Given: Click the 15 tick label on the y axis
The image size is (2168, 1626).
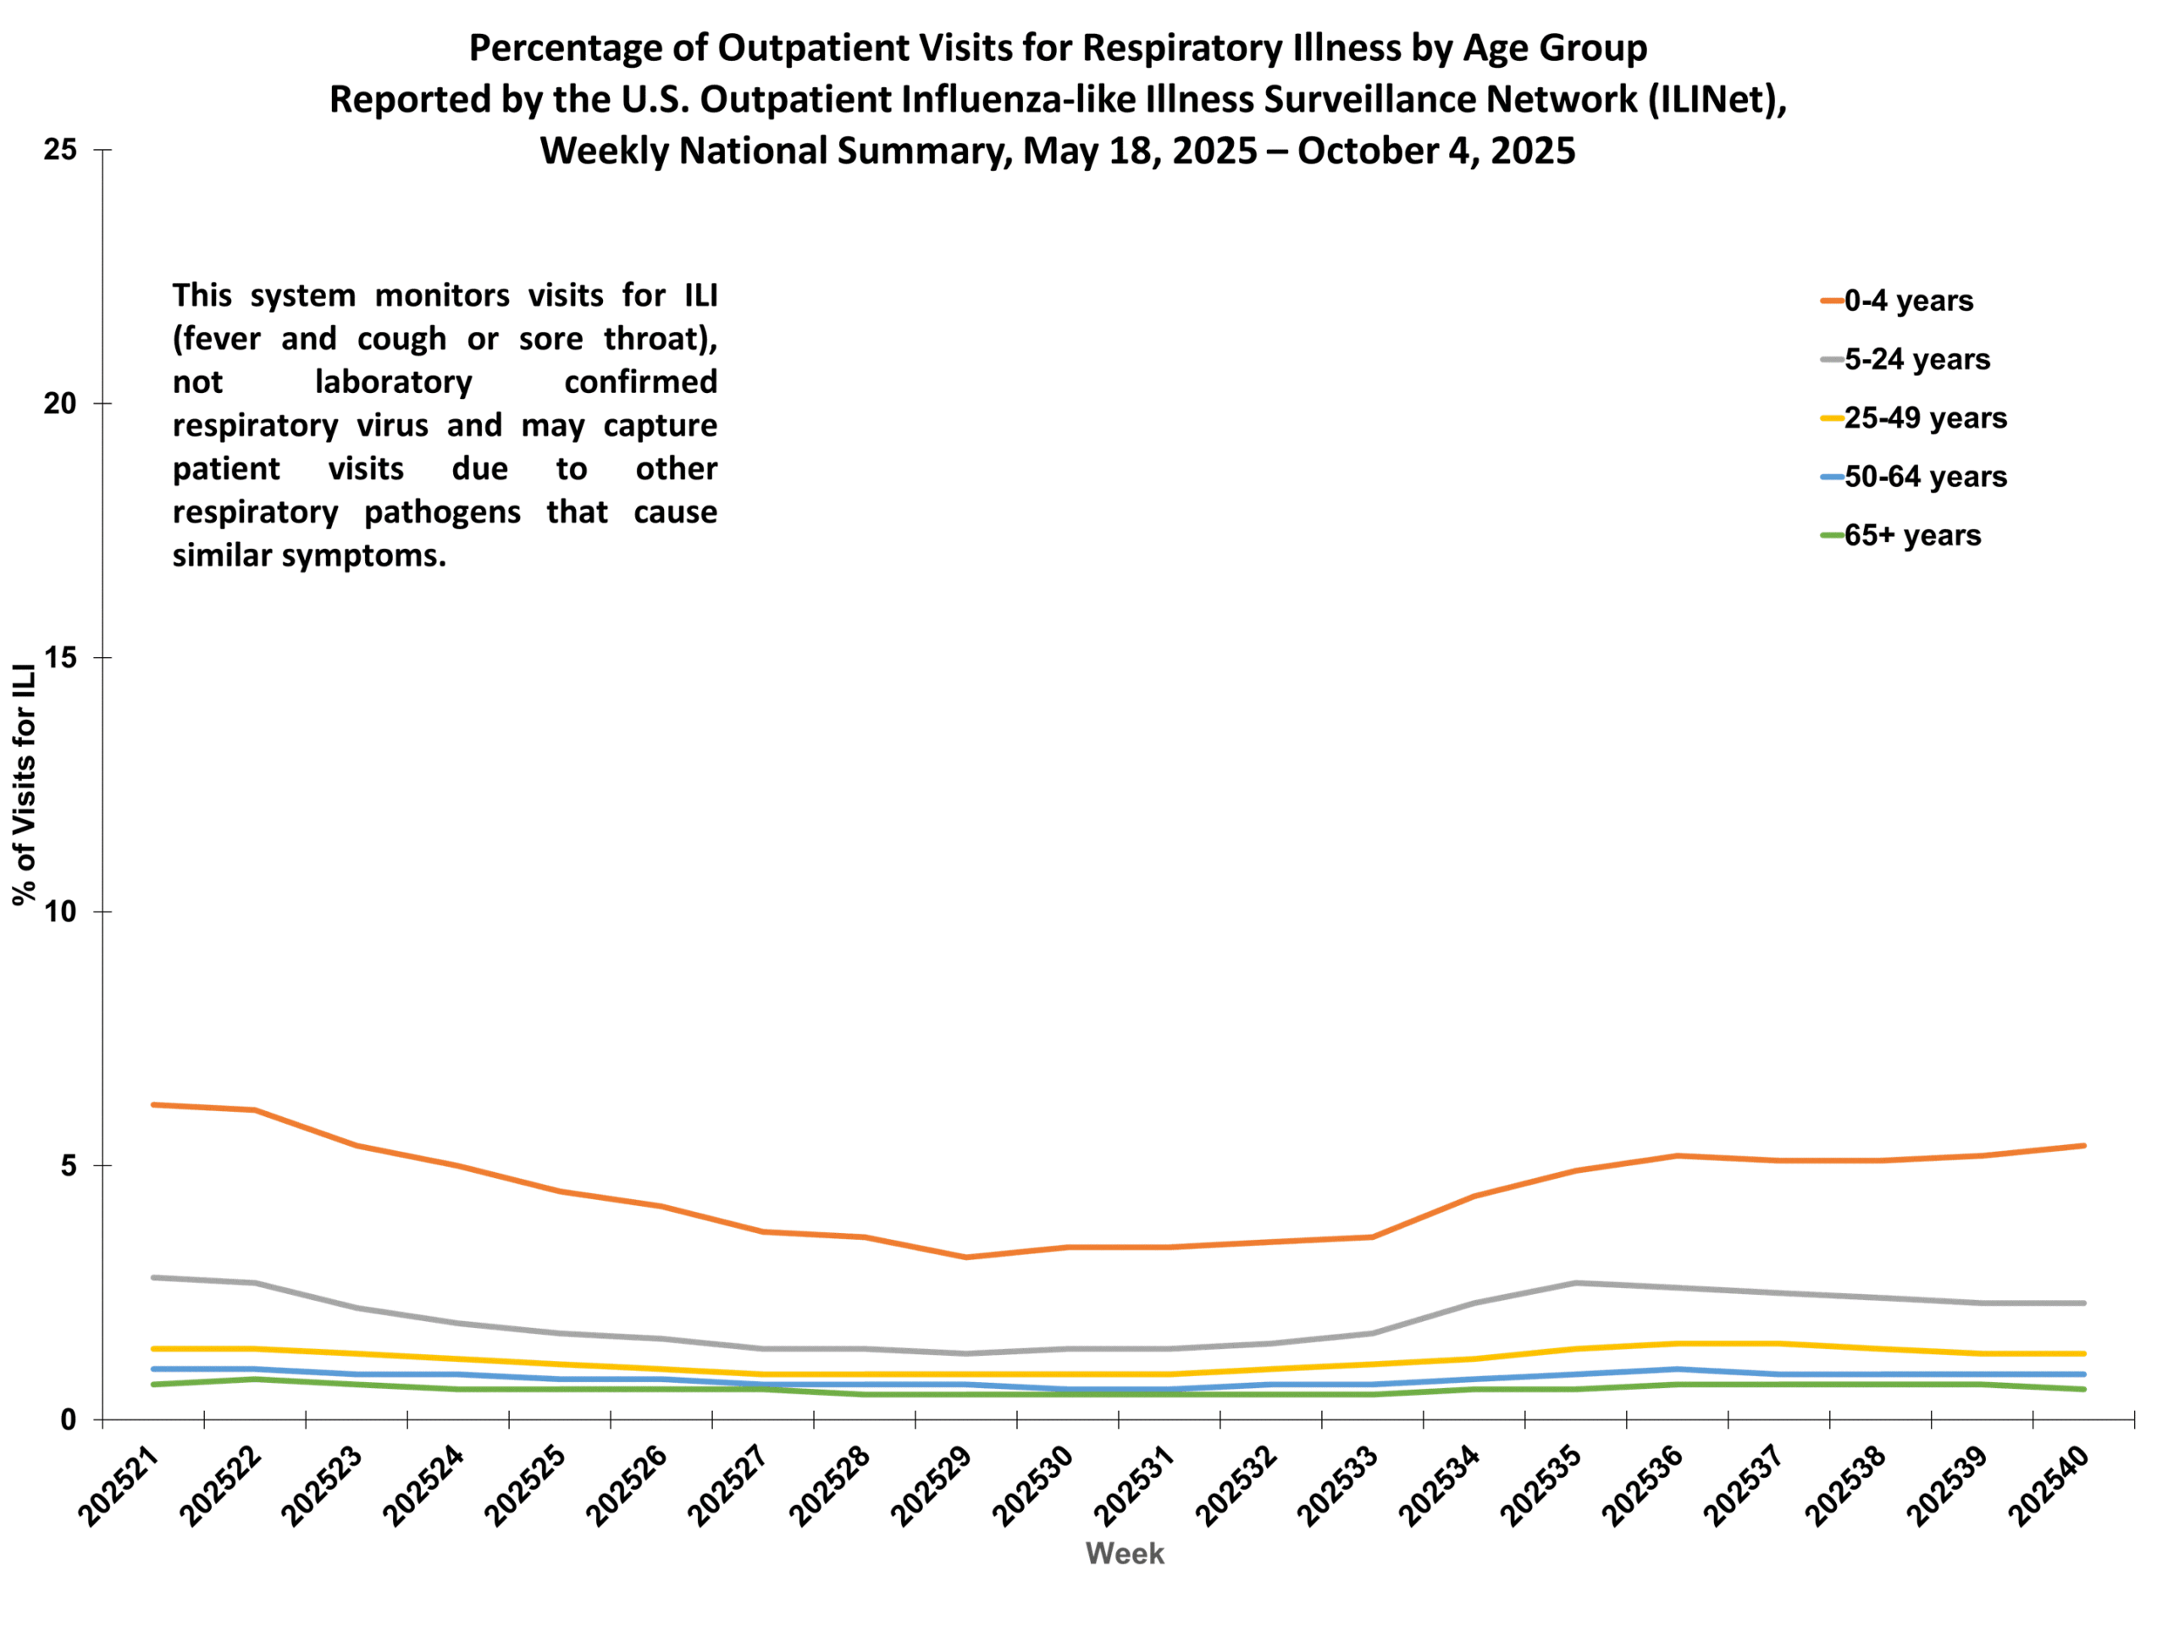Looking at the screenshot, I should [60, 658].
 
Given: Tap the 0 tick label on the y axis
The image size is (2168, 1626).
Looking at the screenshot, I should [68, 1420].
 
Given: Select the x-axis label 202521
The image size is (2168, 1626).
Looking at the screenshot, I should [119, 1487].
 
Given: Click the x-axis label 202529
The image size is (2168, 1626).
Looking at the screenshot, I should [930, 1487].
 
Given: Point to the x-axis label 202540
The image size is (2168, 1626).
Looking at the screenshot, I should [2048, 1487].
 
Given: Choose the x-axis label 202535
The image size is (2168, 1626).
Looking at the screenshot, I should [1540, 1487].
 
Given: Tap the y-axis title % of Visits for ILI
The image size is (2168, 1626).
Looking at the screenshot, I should [25, 784].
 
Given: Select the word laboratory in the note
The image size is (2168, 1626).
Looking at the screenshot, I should [393, 381].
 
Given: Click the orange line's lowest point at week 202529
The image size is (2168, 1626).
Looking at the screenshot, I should [966, 1258].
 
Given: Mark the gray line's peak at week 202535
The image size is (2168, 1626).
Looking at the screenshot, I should [1575, 1283].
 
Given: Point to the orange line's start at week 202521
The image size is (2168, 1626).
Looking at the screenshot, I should [154, 1104].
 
